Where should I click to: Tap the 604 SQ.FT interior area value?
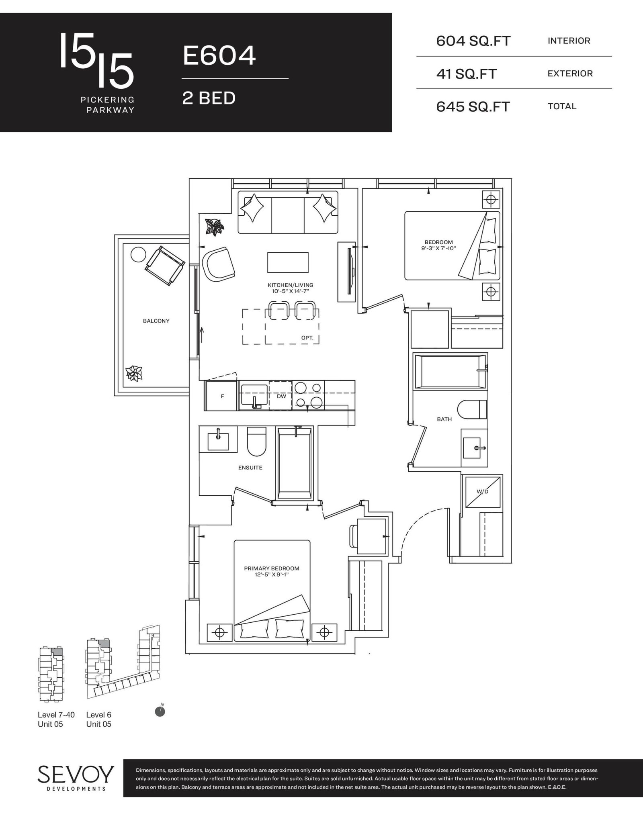[473, 41]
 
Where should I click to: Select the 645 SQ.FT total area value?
[473, 107]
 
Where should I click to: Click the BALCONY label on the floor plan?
[156, 321]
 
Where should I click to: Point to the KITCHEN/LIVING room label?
[290, 288]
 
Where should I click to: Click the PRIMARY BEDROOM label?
[272, 571]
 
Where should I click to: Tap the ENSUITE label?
[250, 468]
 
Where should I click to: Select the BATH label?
[444, 419]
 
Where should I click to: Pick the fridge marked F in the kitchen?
[222, 396]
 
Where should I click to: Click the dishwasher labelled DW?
[281, 396]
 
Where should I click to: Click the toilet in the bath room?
[472, 410]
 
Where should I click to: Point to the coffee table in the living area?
[288, 263]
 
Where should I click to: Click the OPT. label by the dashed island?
[307, 338]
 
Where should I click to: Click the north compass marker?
[160, 711]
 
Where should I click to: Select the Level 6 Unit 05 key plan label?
[99, 720]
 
